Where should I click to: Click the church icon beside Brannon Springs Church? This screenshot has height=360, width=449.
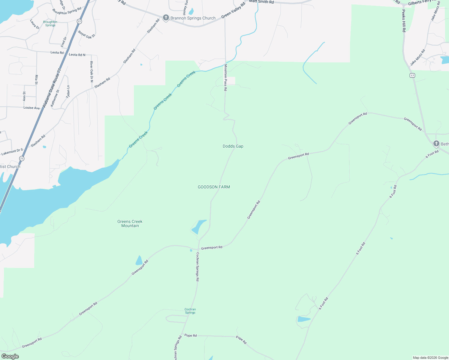(x=166, y=18)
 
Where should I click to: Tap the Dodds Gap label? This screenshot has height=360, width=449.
(x=233, y=146)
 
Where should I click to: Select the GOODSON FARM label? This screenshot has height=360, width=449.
(x=214, y=187)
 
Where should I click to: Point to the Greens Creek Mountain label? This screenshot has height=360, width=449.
(x=130, y=223)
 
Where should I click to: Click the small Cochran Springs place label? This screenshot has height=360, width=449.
(x=190, y=311)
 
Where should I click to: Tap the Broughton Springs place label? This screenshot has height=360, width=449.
(x=50, y=23)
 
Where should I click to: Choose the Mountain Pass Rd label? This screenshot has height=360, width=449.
(x=225, y=78)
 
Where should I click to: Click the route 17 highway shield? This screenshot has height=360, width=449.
(x=412, y=75)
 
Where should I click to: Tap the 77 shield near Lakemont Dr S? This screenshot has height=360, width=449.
(x=22, y=158)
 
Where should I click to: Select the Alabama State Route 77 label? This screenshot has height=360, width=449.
(x=52, y=88)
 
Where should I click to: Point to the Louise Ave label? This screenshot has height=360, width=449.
(x=32, y=108)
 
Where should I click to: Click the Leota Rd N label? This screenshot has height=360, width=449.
(x=77, y=55)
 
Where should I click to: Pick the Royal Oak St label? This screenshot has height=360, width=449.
(x=86, y=34)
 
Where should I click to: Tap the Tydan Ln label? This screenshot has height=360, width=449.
(x=68, y=92)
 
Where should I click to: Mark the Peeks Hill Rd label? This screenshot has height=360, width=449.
(x=404, y=21)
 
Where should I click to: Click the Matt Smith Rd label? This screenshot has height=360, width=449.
(x=261, y=2)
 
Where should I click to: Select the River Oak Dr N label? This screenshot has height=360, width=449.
(x=92, y=72)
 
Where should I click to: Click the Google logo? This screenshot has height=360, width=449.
(x=10, y=356)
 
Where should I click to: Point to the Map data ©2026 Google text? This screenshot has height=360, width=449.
(x=430, y=358)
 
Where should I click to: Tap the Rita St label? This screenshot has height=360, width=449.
(x=36, y=79)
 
